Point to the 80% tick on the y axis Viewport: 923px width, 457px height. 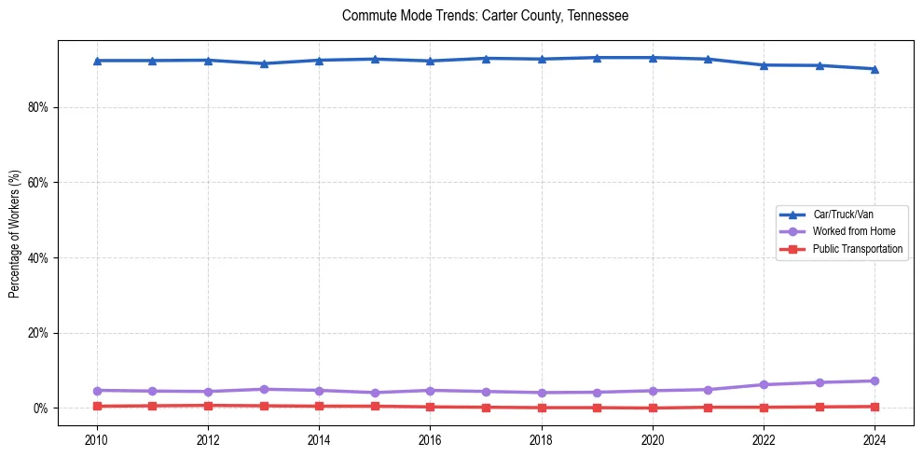(x=38, y=107)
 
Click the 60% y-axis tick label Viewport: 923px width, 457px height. (x=38, y=183)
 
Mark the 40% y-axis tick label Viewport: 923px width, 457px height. (x=38, y=257)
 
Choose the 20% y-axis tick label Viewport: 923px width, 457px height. (x=38, y=333)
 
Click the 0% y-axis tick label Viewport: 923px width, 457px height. (x=41, y=409)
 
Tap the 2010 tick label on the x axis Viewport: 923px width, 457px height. (x=96, y=438)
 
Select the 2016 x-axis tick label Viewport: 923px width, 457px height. (x=430, y=438)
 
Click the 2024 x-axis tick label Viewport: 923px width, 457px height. (x=875, y=438)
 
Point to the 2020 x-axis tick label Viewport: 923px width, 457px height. (x=653, y=438)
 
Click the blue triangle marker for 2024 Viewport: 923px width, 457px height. (x=875, y=69)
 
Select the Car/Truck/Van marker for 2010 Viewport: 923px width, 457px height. (x=96, y=61)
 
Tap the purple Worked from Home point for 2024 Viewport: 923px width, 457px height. (x=875, y=381)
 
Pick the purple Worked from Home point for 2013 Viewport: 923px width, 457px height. (x=264, y=389)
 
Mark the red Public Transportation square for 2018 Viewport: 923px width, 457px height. (x=542, y=408)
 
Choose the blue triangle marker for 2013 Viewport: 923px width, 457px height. (x=264, y=63)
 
